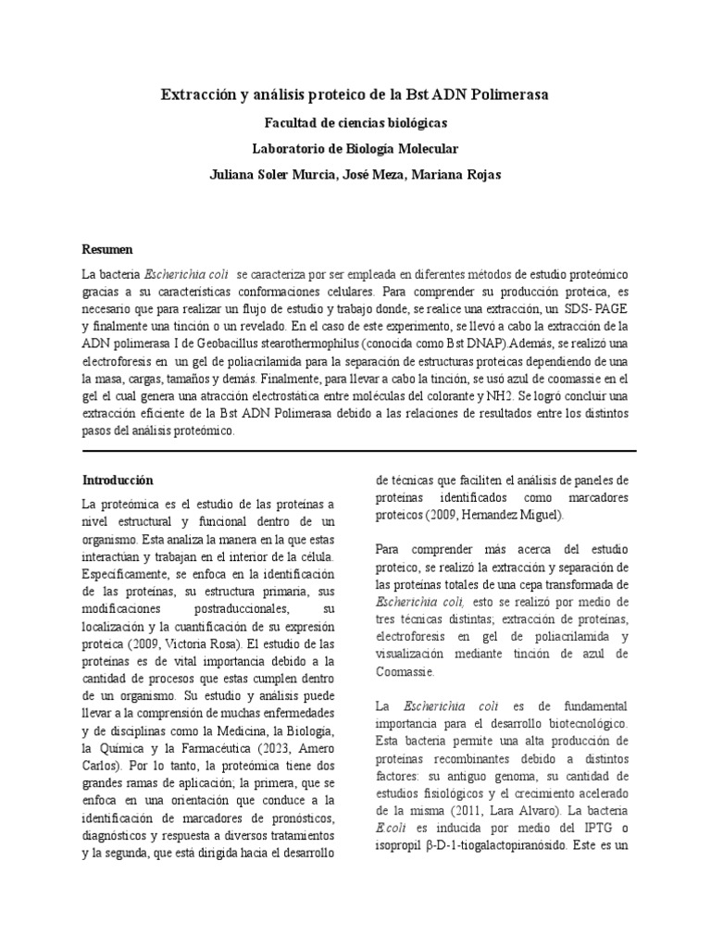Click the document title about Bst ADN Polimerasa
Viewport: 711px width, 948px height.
point(355,95)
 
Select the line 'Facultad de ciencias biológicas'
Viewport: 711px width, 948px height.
point(355,122)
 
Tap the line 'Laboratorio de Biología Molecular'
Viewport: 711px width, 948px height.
point(355,148)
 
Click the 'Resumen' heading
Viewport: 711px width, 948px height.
point(107,250)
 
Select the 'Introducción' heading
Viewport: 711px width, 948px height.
point(118,480)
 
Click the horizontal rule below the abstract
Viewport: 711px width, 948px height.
point(355,451)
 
